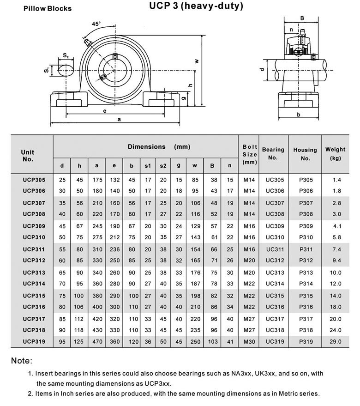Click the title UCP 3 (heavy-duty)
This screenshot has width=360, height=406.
pyautogui.click(x=196, y=6)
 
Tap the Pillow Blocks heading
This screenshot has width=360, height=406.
pyautogui.click(x=48, y=8)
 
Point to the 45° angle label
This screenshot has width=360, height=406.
pyautogui.click(x=96, y=24)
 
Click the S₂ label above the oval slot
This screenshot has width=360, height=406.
pyautogui.click(x=66, y=56)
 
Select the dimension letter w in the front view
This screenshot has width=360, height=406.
pyautogui.click(x=196, y=61)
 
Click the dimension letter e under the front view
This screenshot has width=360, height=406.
pyautogui.click(x=105, y=111)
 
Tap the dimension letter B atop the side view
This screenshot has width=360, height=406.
pyautogui.click(x=302, y=18)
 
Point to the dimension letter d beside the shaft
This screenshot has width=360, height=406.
pyautogui.click(x=261, y=69)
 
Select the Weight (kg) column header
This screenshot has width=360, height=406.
pyautogui.click(x=335, y=154)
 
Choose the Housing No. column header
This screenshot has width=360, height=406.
pyautogui.click(x=305, y=154)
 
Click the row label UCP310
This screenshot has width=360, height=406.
pyautogui.click(x=34, y=237)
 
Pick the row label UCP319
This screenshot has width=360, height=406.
pyautogui.click(x=34, y=342)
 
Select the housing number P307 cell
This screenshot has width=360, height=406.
pyautogui.click(x=306, y=203)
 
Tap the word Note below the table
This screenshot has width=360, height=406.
pyautogui.click(x=21, y=361)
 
